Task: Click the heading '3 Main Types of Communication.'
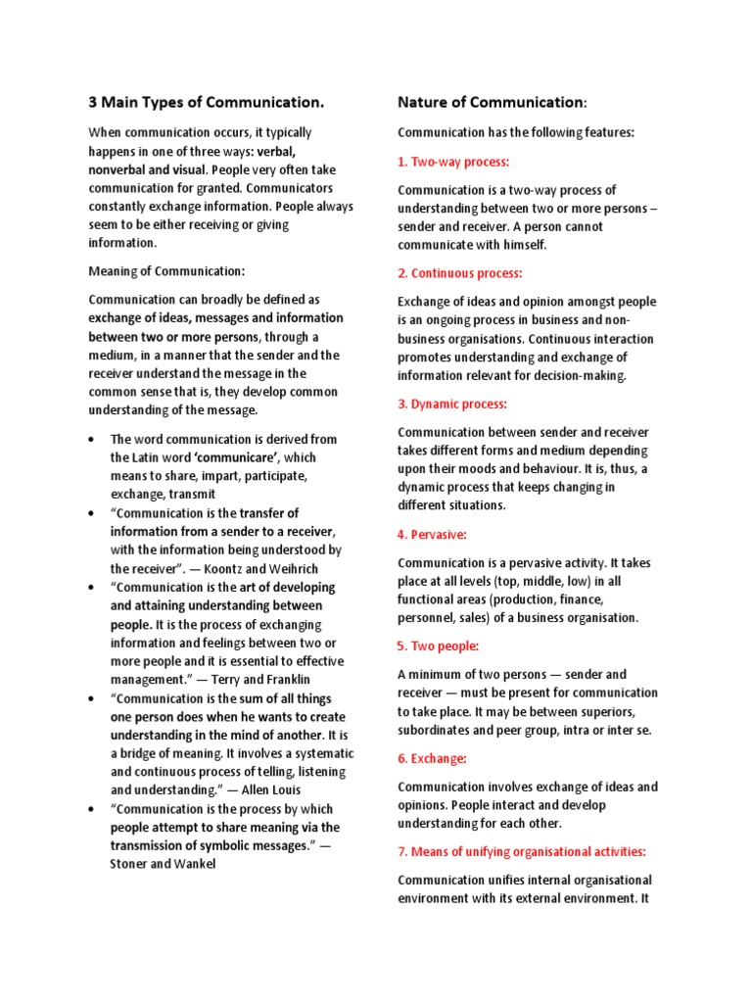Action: [x=206, y=102]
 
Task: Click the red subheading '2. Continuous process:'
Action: [x=460, y=273]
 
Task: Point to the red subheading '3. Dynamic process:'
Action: [x=452, y=404]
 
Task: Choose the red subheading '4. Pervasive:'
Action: [x=432, y=535]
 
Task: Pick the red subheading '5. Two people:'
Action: [x=438, y=646]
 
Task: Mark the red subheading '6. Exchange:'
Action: [x=432, y=758]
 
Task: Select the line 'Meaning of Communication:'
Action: [x=166, y=270]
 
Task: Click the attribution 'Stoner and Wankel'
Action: [x=161, y=864]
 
